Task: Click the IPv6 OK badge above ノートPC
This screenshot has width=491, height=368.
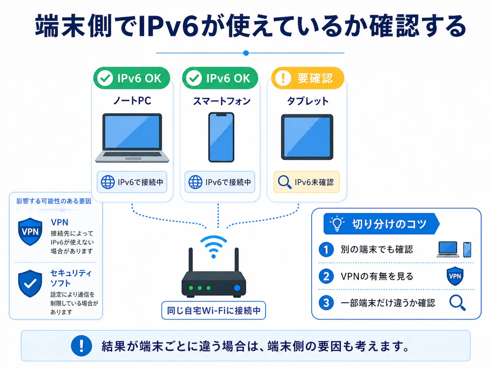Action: [x=132, y=78]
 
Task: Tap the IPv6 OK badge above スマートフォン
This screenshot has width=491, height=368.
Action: [x=220, y=78]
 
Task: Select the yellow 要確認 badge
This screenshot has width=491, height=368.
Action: [x=308, y=78]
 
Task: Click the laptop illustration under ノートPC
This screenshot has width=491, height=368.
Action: [x=132, y=138]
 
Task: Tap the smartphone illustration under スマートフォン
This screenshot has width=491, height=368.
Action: [x=221, y=137]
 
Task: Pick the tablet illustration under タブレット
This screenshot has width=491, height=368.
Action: [x=307, y=137]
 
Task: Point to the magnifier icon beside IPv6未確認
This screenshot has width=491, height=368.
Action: [x=284, y=182]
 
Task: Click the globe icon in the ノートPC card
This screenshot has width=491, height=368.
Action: [x=108, y=182]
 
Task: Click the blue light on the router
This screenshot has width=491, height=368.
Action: [x=237, y=288]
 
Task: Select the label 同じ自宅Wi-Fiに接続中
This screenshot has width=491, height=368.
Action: [x=214, y=310]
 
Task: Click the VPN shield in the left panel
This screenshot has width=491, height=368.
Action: [x=30, y=231]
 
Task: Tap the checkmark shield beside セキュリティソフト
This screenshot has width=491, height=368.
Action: [x=30, y=283]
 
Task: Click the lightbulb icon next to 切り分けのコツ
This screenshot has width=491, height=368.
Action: [x=337, y=224]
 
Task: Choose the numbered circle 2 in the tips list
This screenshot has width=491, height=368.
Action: [x=326, y=276]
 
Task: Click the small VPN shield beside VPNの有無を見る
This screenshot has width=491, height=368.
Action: [x=455, y=276]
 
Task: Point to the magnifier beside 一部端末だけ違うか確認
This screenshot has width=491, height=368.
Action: [x=457, y=303]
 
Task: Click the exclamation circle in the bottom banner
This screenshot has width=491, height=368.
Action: [x=81, y=346]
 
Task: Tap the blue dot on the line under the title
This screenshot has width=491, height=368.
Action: [x=246, y=53]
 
